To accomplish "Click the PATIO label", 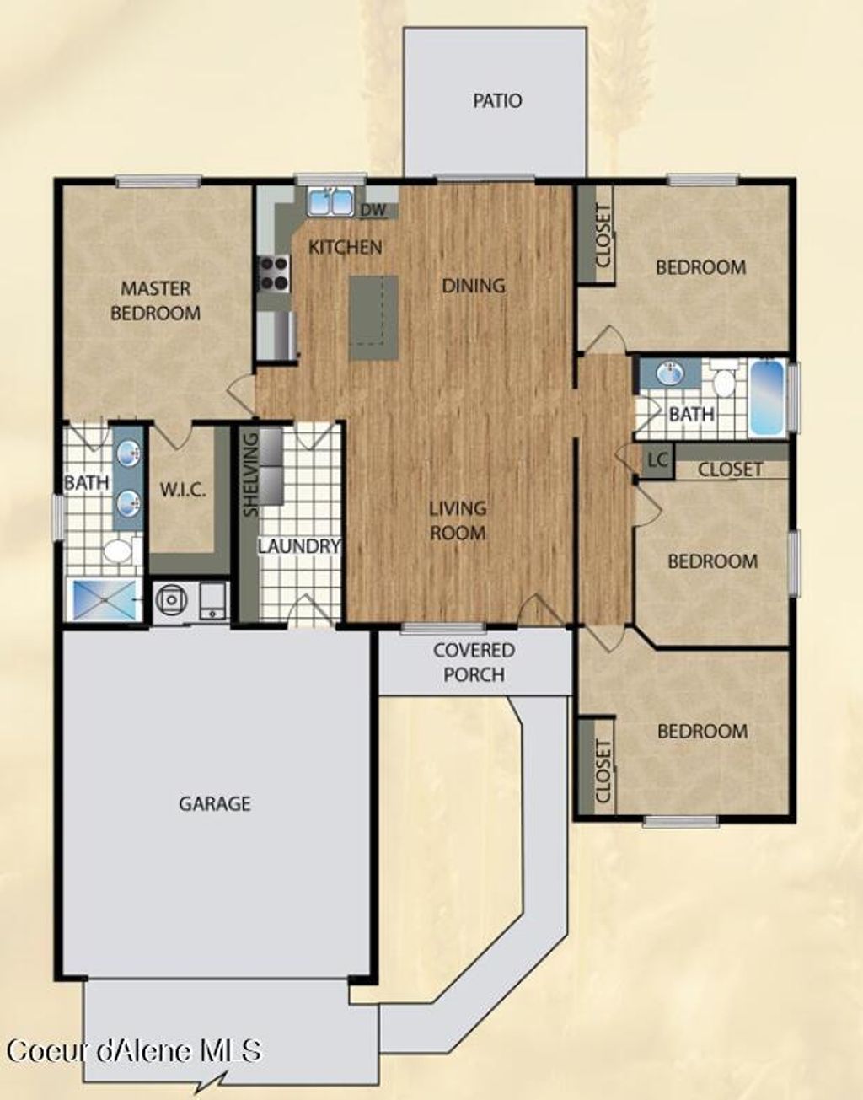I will [x=496, y=101].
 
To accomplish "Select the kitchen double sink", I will [x=330, y=202].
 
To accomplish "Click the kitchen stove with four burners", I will [x=273, y=272].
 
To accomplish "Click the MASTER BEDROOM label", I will [x=156, y=301].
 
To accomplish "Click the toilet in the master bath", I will [x=117, y=552].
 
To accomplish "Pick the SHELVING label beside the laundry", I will [x=250, y=475].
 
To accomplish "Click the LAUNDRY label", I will [x=299, y=546].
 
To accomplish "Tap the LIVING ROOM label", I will [x=458, y=520].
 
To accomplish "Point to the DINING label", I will [x=474, y=286].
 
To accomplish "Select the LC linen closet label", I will [x=657, y=461].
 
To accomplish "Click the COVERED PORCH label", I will [x=474, y=663].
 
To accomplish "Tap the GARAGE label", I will [x=214, y=803].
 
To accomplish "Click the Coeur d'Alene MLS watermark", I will [x=135, y=1051].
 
